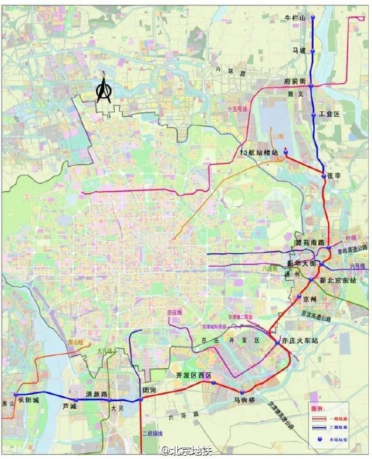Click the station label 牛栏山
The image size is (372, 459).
(295, 18)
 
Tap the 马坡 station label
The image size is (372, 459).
(299, 50)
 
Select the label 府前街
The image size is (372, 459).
(295, 81)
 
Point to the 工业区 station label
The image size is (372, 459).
(328, 114)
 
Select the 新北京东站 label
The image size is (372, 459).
(337, 280)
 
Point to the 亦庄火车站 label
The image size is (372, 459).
(300, 341)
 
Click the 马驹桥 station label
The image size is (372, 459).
(244, 400)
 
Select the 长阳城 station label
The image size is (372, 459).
(29, 401)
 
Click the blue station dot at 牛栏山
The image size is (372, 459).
(313, 17)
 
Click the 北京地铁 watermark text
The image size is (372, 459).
(187, 450)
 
